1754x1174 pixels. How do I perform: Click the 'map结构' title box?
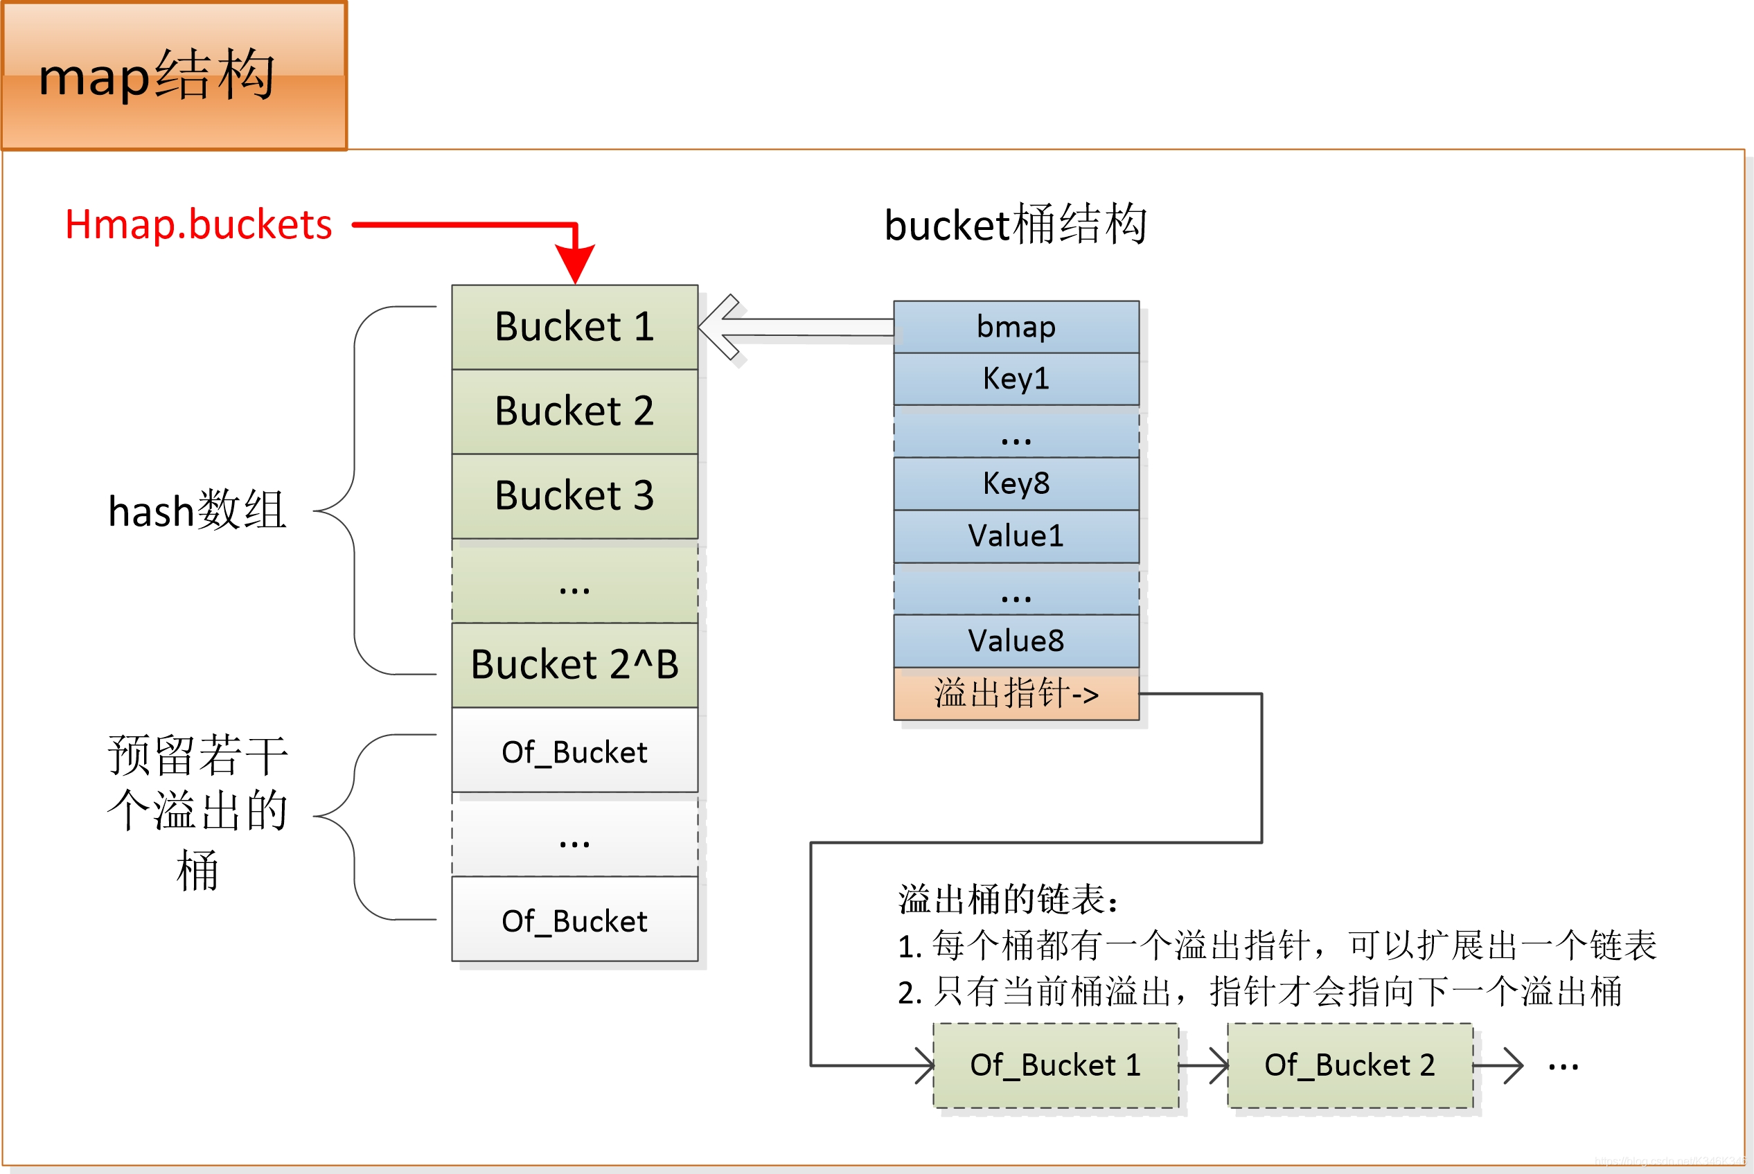[x=174, y=75]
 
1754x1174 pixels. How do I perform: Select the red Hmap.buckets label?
[x=198, y=224]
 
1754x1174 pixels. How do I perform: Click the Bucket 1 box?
[x=574, y=327]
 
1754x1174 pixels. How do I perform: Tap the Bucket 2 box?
[x=574, y=411]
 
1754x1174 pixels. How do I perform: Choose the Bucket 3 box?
[x=574, y=496]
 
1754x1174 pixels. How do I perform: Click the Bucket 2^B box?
[x=574, y=665]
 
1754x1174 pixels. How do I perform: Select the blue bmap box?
[x=1016, y=327]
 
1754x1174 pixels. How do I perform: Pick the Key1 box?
[x=1016, y=379]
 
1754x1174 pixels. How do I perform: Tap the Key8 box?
[x=1016, y=483]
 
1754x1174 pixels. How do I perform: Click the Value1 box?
[x=1016, y=536]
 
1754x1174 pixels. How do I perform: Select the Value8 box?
[x=1016, y=641]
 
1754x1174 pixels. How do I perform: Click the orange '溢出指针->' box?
[x=1016, y=693]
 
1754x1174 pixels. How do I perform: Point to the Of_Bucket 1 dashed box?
[x=1056, y=1065]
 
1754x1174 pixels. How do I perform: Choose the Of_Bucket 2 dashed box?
[x=1349, y=1065]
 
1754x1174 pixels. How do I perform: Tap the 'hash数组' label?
[x=197, y=510]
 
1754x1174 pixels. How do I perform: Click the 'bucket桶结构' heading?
[x=1015, y=224]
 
